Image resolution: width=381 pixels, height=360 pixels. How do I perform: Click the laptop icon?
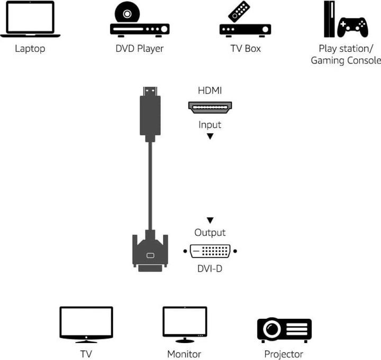30,20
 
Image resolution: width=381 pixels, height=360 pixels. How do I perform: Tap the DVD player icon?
139,21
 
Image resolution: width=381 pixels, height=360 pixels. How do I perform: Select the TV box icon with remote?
245,21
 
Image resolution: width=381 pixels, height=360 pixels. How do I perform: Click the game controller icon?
353,26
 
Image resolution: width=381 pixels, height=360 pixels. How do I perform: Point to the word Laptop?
30,49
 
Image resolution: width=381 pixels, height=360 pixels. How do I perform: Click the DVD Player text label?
139,49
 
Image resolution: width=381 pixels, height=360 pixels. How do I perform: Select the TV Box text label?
245,49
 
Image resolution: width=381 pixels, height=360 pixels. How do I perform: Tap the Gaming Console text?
346,60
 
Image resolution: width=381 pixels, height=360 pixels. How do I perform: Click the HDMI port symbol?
210,108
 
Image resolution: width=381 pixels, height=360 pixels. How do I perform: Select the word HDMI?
210,91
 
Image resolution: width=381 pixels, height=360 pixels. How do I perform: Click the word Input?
210,125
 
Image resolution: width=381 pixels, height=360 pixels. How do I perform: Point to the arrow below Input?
210,136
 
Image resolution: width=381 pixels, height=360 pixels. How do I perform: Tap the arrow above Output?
210,220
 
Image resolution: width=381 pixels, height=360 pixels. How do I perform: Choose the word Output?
210,233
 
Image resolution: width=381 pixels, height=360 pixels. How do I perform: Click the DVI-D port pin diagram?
210,251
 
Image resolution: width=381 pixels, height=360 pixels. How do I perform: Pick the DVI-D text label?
210,269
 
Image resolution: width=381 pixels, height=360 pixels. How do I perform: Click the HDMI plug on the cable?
150,114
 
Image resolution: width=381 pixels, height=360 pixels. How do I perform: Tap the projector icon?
284,329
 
